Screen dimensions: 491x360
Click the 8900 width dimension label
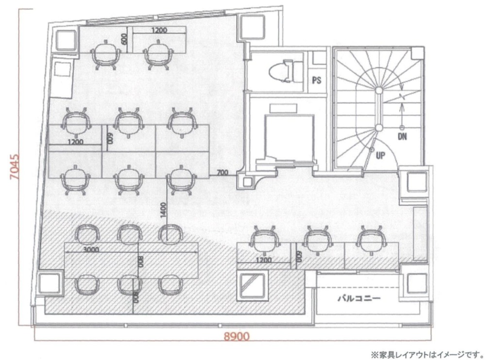tap(237, 337)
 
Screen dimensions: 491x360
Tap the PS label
tap(317, 80)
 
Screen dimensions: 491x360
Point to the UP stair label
tap(380, 155)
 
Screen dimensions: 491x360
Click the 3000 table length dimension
tap(91, 249)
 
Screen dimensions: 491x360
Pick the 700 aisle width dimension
tap(222, 172)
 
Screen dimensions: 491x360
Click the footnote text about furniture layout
tap(427, 355)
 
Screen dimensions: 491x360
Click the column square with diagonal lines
tap(252, 285)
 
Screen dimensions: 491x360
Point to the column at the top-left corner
tap(66, 41)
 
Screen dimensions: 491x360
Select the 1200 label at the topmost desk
tap(159, 31)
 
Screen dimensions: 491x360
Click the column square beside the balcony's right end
tap(417, 283)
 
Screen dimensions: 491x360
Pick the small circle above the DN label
tap(402, 127)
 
